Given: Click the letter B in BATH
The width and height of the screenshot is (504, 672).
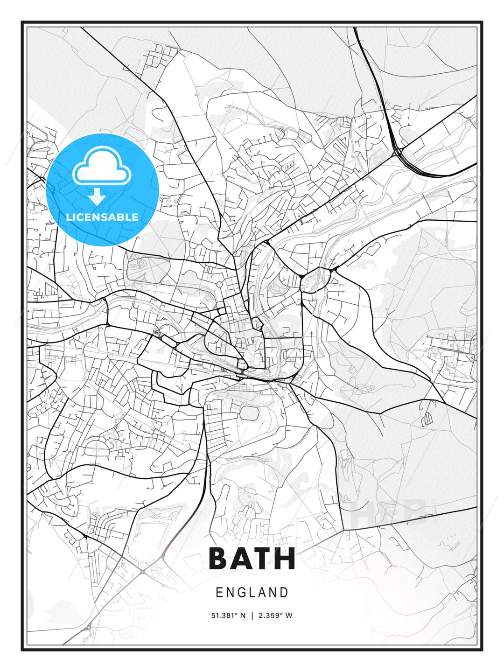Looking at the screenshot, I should (220, 559).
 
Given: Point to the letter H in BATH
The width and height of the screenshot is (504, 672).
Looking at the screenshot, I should (286, 559).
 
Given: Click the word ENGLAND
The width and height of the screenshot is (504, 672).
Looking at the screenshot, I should (252, 593).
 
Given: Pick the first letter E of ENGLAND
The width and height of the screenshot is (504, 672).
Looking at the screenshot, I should (219, 593).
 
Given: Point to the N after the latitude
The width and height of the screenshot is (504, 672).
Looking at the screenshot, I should (243, 616).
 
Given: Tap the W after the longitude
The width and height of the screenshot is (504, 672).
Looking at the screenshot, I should (289, 616).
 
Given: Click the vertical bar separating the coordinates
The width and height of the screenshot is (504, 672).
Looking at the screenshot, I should (252, 616).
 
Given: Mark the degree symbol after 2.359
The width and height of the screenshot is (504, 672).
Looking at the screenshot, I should (281, 614).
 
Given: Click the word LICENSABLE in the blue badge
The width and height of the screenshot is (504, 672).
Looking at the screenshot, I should (102, 217).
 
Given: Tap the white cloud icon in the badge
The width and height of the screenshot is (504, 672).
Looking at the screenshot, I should (101, 167).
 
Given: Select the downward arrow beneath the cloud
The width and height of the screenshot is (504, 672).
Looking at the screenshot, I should (97, 197).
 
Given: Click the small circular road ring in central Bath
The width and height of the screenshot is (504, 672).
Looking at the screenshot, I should (219, 284).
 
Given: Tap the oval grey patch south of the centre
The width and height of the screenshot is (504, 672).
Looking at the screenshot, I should (249, 413).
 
